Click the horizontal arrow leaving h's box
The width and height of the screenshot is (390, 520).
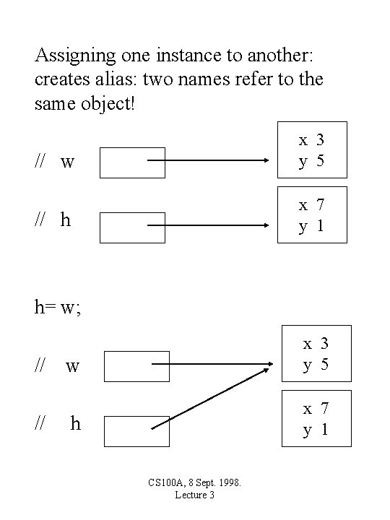[x=208, y=225]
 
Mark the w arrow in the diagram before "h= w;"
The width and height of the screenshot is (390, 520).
[x=208, y=160]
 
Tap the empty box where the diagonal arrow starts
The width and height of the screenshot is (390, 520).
[x=136, y=431]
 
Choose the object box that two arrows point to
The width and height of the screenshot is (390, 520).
[x=316, y=353]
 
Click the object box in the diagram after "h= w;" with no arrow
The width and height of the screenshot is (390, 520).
[x=316, y=418]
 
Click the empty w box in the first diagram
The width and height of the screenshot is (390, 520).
[x=132, y=162]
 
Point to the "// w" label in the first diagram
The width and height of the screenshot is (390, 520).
[x=54, y=161]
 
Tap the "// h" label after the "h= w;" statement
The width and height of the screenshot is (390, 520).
[x=58, y=424]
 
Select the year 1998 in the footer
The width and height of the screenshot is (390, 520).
[x=226, y=482]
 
